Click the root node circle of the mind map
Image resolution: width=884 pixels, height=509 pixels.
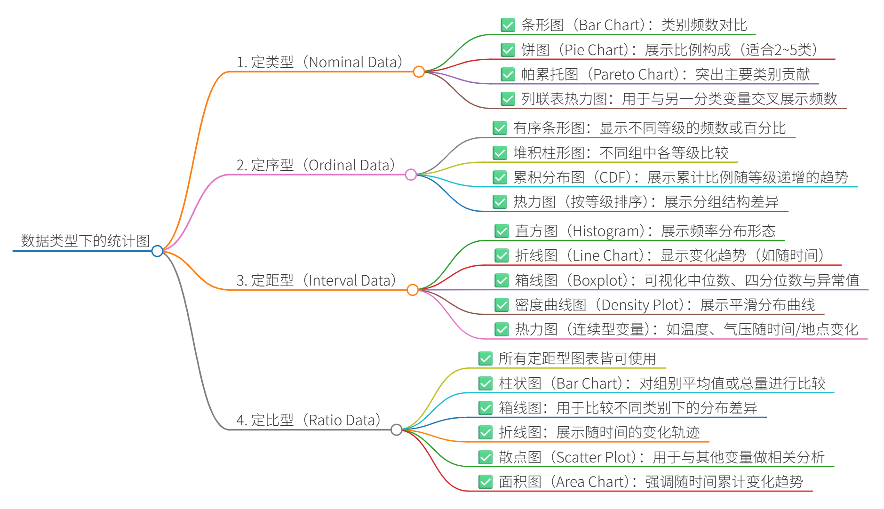pyautogui.click(x=158, y=251)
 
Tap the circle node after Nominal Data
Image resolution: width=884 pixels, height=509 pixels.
pyautogui.click(x=419, y=72)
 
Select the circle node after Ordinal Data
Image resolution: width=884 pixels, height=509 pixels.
pyautogui.click(x=411, y=175)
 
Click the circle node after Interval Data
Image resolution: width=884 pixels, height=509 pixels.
pyautogui.click(x=413, y=290)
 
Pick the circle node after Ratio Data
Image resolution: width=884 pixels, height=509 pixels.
pyautogui.click(x=397, y=429)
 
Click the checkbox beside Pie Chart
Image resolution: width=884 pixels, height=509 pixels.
pyautogui.click(x=508, y=50)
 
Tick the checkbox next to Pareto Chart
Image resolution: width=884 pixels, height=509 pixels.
pyautogui.click(x=508, y=74)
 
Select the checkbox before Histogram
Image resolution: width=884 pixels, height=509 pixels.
pyautogui.click(x=502, y=231)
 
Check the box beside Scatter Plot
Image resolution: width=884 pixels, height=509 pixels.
pyautogui.click(x=485, y=457)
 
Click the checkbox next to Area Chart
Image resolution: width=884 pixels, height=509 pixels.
pyautogui.click(x=485, y=482)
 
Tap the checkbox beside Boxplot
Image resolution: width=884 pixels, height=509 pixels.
pyautogui.click(x=502, y=280)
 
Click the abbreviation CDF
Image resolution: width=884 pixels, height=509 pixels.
pyautogui.click(x=612, y=177)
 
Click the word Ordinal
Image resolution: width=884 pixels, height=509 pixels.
pyautogui.click(x=333, y=166)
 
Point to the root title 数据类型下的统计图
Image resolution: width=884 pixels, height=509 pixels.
pyautogui.click(x=85, y=241)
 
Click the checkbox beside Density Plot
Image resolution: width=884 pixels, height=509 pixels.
pyautogui.click(x=502, y=305)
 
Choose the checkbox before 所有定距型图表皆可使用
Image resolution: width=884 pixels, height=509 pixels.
pyautogui.click(x=485, y=358)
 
